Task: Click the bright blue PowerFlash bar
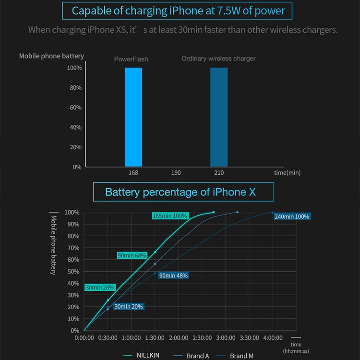point(133,117)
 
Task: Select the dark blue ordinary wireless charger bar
point(219,117)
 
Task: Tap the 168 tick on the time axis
point(133,172)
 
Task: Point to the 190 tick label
point(176,172)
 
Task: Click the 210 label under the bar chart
point(219,172)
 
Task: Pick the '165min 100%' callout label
point(170,216)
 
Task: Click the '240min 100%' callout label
point(292,216)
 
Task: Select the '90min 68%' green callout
point(132,255)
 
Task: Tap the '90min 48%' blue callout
point(173,276)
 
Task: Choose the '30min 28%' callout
point(100,288)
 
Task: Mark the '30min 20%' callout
point(129,306)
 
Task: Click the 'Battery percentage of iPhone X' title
point(183,192)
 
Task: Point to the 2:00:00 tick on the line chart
point(179,338)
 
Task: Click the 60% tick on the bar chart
point(75,108)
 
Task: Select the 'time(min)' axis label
point(287,172)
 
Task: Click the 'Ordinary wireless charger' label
point(218,59)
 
